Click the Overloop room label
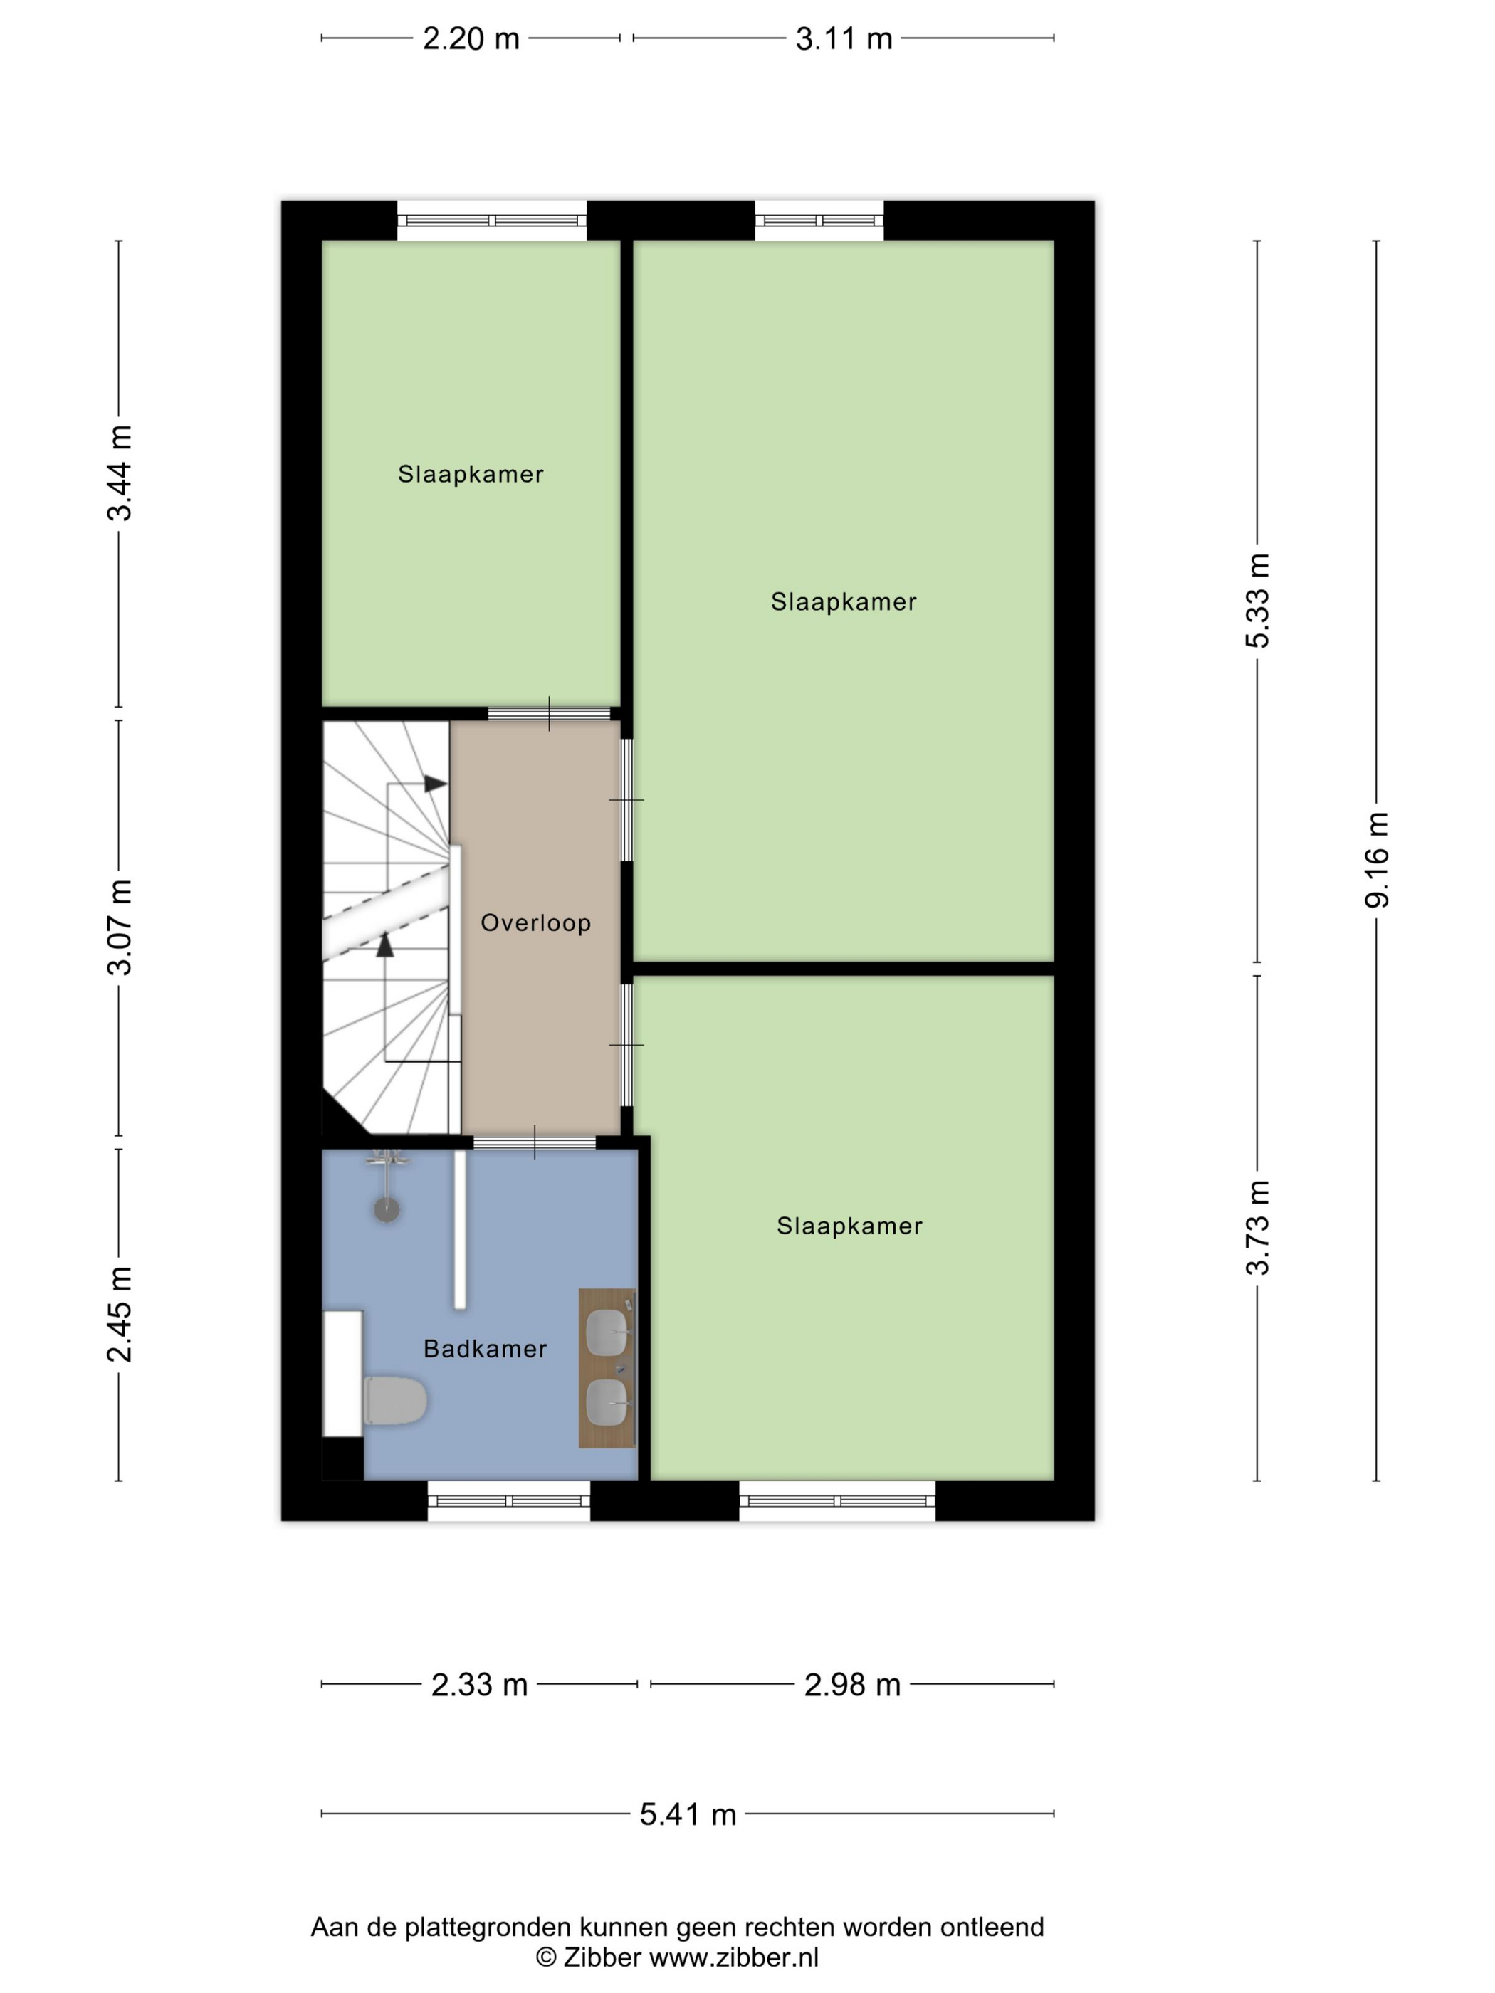(x=535, y=922)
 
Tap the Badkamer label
(x=485, y=1349)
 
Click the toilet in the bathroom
(x=394, y=1400)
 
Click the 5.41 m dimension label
(x=688, y=1814)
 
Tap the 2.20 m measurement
(x=471, y=38)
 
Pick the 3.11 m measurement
(x=844, y=38)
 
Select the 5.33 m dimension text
(x=1257, y=601)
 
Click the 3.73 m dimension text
(x=1257, y=1227)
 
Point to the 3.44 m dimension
(x=119, y=473)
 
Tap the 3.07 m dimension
(x=119, y=927)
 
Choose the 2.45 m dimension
(x=119, y=1314)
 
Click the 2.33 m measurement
(x=479, y=1685)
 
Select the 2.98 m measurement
(x=852, y=1685)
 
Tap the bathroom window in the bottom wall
(x=509, y=1501)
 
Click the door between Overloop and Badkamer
(x=535, y=1143)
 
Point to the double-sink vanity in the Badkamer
(x=607, y=1369)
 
